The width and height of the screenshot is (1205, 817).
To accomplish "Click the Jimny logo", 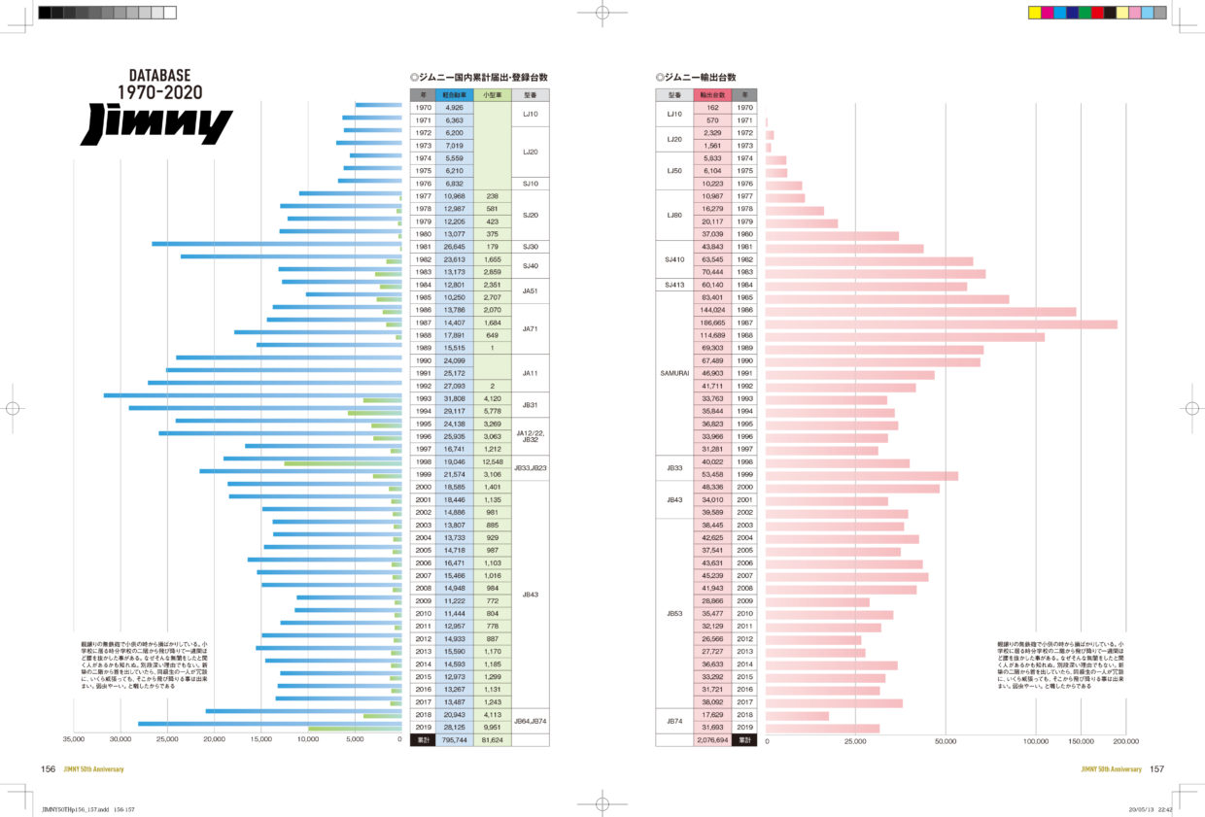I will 156,125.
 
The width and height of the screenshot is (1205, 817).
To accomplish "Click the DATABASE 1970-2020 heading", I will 160,84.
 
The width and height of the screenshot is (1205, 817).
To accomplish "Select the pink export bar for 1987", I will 942,324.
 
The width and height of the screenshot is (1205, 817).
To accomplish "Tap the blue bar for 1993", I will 253,395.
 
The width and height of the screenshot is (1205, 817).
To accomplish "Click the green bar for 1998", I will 343,463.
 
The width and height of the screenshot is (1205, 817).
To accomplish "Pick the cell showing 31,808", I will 454,399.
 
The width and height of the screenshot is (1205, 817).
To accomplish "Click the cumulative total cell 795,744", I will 454,740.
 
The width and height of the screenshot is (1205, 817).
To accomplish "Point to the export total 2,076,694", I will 712,740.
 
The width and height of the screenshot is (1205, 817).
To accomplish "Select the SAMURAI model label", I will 674,373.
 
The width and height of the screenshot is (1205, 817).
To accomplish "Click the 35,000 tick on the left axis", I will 74,739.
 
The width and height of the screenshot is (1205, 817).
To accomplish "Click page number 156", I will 48,769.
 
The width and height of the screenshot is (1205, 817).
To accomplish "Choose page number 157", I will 1156,769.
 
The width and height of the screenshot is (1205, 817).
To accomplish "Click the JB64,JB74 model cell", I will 530,722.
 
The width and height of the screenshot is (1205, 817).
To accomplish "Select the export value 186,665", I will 712,323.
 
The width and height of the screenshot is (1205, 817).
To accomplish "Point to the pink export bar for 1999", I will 862,476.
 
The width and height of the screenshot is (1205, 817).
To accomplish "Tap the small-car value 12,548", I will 492,462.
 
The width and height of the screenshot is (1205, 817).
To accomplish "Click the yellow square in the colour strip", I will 1034,13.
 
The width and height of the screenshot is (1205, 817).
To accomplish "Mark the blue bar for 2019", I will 269,724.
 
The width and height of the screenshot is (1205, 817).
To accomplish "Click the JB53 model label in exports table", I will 674,614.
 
